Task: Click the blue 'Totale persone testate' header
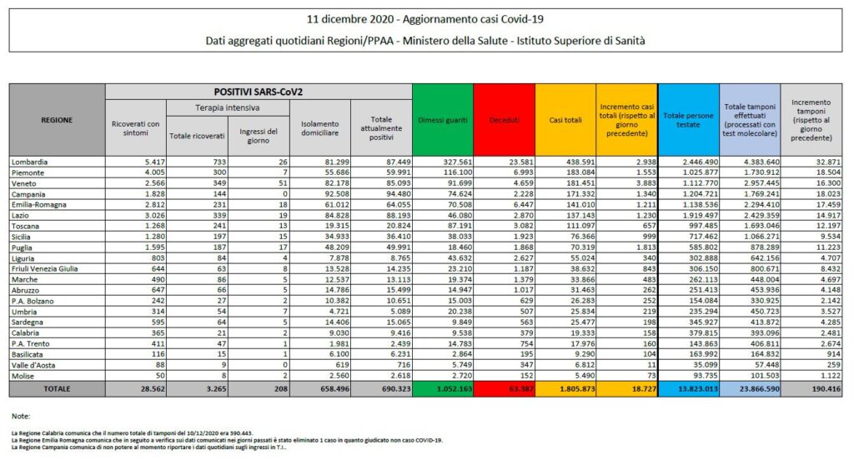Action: click(688, 120)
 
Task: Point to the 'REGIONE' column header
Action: click(57, 120)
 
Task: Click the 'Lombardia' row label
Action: click(31, 161)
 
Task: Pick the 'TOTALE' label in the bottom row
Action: click(57, 389)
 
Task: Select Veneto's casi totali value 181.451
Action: click(565, 182)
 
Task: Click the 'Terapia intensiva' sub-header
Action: click(226, 108)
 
